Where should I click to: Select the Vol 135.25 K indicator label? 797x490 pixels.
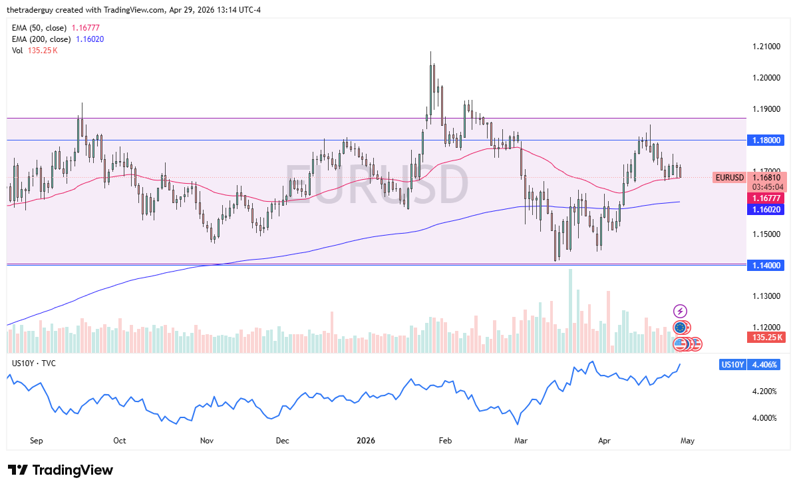click(x=35, y=51)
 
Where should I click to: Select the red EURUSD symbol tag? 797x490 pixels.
click(x=728, y=178)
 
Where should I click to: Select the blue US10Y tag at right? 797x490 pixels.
click(x=732, y=365)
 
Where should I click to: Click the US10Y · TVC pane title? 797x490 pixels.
click(x=33, y=363)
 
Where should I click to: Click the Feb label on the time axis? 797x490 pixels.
click(x=446, y=441)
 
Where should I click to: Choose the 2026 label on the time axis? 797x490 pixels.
click(x=366, y=441)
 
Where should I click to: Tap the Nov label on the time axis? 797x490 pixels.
click(x=206, y=441)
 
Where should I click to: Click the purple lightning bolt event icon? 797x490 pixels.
click(x=680, y=311)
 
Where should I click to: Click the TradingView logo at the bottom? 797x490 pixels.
click(x=61, y=470)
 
